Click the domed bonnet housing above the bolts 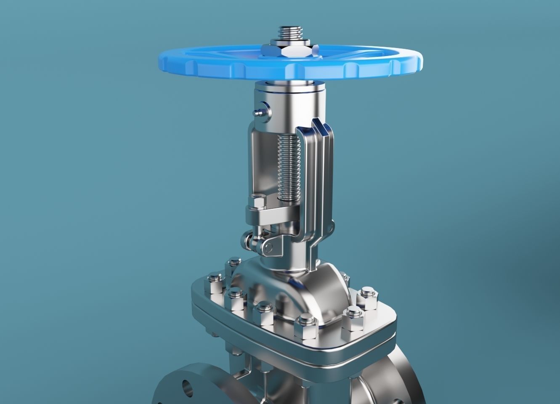pos(307,295)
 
